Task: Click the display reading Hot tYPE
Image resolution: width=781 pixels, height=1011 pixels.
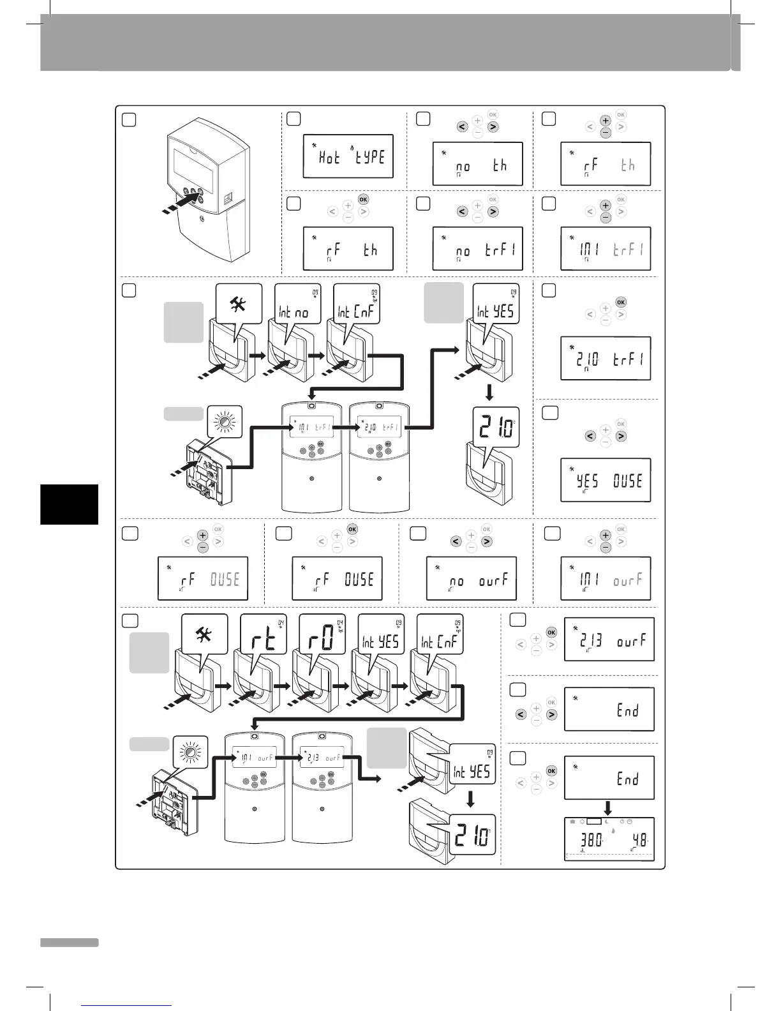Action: (x=348, y=156)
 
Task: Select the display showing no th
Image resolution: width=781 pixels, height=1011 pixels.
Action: (x=477, y=164)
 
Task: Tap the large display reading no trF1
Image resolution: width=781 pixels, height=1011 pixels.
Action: (x=477, y=249)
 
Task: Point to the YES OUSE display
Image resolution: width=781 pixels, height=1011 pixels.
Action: (x=606, y=480)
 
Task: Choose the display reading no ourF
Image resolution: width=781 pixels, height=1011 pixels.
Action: (x=471, y=579)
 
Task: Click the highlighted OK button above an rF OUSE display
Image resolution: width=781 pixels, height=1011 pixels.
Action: (x=352, y=529)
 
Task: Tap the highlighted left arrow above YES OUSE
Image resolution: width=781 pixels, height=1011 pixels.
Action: (x=590, y=436)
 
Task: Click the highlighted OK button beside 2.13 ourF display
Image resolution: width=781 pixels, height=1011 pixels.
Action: (x=551, y=633)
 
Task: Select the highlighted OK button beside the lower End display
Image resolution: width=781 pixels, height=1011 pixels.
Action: (x=551, y=771)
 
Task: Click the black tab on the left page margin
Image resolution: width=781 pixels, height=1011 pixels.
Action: (x=69, y=504)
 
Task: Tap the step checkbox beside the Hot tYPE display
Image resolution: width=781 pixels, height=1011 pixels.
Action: (x=294, y=119)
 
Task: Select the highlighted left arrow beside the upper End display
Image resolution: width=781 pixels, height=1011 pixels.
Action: (x=521, y=715)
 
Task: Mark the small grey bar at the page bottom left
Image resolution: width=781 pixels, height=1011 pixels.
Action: (x=69, y=943)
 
